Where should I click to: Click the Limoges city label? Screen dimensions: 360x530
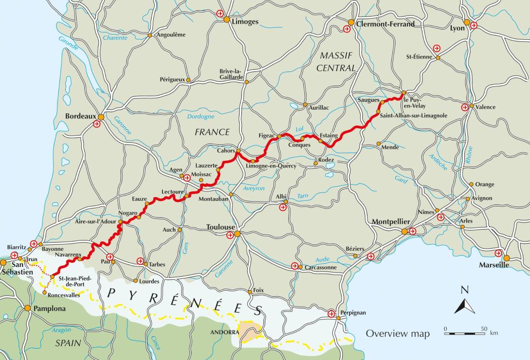pyautogui.click(x=245, y=22)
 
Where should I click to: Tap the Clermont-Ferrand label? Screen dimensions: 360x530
pyautogui.click(x=385, y=24)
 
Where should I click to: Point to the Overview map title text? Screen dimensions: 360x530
pyautogui.click(x=397, y=334)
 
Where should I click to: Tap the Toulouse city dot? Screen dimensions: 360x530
pyautogui.click(x=237, y=234)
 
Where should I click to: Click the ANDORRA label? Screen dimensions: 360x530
pyautogui.click(x=225, y=332)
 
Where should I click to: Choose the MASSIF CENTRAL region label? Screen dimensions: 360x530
pyautogui.click(x=337, y=62)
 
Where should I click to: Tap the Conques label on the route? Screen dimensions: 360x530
pyautogui.click(x=299, y=145)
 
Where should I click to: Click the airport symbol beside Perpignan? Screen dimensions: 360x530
pyautogui.click(x=331, y=313)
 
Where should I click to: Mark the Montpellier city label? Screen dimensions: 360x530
pyautogui.click(x=391, y=222)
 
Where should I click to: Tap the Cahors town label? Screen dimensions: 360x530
pyautogui.click(x=226, y=151)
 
